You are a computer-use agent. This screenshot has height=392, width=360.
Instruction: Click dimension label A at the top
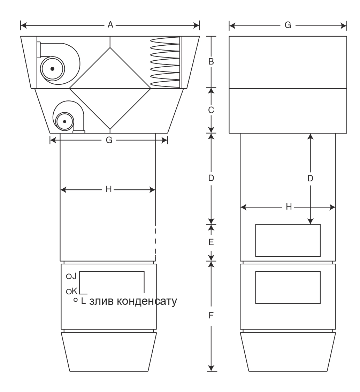110,25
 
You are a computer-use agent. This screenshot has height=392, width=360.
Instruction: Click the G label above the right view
288,25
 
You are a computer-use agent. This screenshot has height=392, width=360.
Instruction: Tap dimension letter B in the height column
211,61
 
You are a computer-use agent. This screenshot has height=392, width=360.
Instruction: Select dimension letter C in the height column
211,110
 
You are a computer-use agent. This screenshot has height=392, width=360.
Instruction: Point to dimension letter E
211,242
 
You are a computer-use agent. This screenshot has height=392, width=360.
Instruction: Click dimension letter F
211,316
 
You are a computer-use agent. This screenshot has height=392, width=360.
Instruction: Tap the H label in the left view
109,189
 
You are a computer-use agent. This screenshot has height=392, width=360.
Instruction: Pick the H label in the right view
289,207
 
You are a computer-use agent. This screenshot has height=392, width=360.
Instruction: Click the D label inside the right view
310,178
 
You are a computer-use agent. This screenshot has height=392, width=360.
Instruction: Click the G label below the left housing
109,140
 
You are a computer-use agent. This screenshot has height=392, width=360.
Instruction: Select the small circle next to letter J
69,277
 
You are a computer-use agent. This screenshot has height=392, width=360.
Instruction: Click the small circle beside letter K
69,292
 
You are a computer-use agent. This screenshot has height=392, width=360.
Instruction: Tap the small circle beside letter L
75,300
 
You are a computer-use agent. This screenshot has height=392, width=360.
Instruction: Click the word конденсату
147,301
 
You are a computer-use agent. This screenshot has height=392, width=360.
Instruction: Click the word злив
101,301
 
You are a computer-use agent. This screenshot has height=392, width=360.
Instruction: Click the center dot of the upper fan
52,69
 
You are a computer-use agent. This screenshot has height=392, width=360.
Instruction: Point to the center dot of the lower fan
64,121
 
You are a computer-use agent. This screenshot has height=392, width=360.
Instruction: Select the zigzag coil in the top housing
165,62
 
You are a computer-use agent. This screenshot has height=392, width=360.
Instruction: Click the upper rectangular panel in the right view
288,240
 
